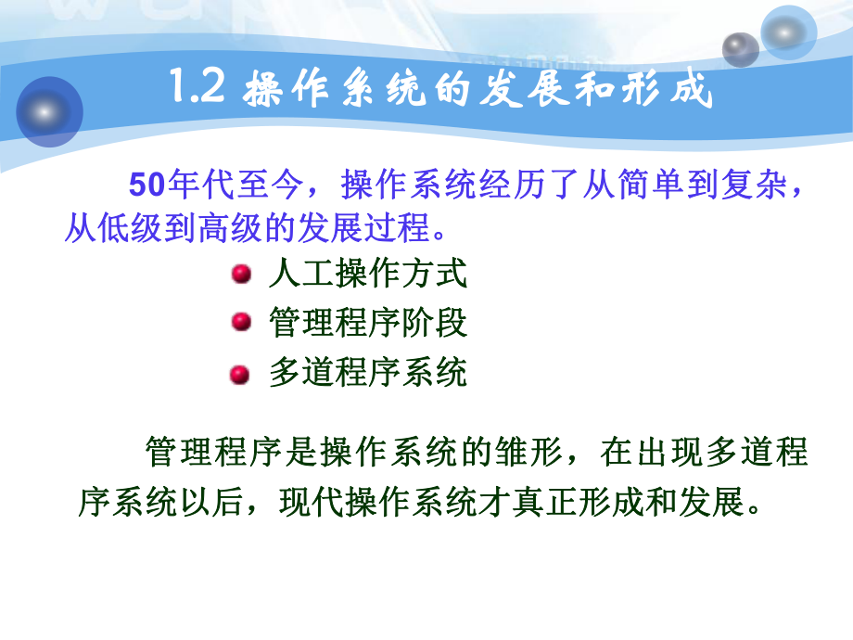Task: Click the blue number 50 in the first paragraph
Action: tap(146, 185)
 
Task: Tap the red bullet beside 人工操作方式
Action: tap(240, 275)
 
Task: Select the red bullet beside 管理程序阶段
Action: tap(240, 322)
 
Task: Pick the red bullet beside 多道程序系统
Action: tap(240, 374)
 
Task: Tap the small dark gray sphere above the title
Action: tap(740, 48)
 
